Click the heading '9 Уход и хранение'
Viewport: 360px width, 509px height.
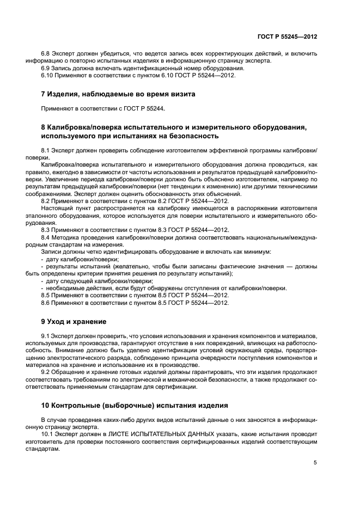tap(74, 321)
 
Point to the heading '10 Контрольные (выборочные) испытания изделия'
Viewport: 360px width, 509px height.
tap(132, 405)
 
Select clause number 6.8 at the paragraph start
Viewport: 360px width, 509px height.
tap(47, 53)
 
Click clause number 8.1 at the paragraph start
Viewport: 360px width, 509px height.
tap(47, 149)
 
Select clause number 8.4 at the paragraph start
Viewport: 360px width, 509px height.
tap(47, 237)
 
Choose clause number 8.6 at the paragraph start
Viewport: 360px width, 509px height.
tap(47, 302)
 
